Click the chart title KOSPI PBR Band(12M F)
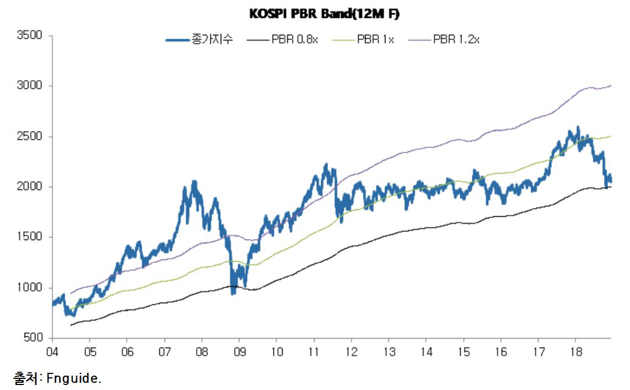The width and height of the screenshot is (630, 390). [324, 14]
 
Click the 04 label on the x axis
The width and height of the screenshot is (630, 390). [53, 351]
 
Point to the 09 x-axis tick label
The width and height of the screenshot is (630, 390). [239, 351]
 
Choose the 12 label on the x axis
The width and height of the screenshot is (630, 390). [351, 351]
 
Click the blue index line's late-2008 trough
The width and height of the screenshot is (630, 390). [233, 293]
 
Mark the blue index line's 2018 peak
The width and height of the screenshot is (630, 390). [577, 127]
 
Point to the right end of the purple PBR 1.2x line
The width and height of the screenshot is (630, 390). [611, 85]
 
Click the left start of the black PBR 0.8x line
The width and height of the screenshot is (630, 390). [71, 325]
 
